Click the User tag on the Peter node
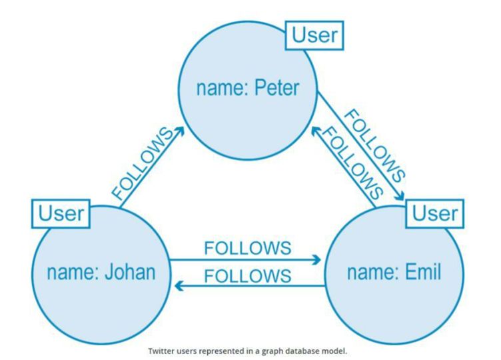[315, 35]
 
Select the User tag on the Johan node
[61, 213]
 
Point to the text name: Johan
[101, 272]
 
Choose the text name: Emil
[394, 272]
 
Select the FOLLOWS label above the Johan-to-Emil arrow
[247, 248]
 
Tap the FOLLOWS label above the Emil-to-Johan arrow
[247, 275]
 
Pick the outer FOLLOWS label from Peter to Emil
[374, 141]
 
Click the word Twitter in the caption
[165, 349]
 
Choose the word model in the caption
[336, 349]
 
